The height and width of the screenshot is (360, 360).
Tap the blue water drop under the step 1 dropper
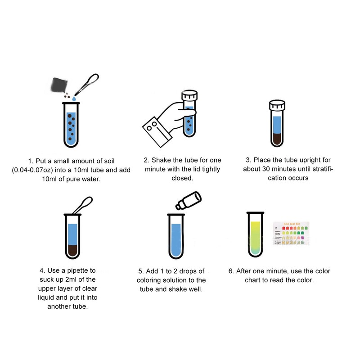(75, 97)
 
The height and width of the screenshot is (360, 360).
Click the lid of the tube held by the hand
(189, 96)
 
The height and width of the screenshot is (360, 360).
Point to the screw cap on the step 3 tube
(277, 106)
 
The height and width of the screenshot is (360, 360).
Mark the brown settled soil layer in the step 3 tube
(277, 138)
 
